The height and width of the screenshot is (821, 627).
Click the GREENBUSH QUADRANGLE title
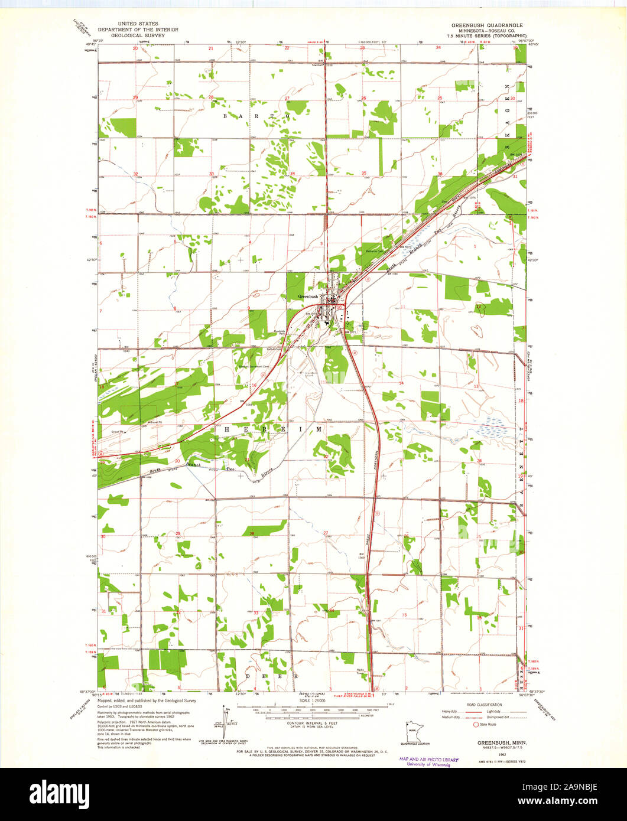(x=487, y=25)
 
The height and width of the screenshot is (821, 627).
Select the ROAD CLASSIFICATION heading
(x=485, y=705)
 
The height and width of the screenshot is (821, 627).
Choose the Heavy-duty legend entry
(x=450, y=712)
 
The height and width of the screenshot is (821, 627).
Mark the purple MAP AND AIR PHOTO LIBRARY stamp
(x=428, y=761)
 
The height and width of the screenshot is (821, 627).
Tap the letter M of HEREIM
(x=319, y=429)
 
